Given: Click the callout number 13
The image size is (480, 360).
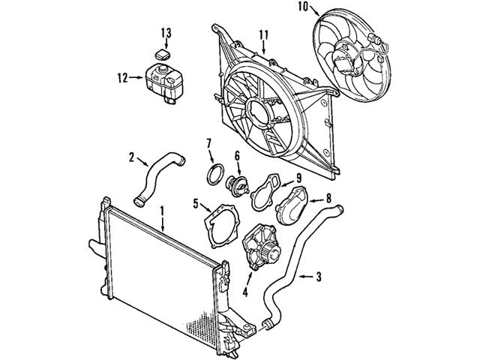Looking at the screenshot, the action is (166, 33).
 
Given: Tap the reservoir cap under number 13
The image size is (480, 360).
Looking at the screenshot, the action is (162, 55).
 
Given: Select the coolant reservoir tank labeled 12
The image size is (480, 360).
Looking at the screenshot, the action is (163, 82).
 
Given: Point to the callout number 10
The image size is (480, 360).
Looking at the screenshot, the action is (303, 7).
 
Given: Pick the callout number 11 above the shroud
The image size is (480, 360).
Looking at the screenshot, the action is (263, 35).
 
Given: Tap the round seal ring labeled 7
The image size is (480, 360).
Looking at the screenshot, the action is (215, 174).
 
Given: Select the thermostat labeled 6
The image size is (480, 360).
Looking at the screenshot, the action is (238, 186).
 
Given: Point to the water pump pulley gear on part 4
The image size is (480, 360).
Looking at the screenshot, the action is (271, 253).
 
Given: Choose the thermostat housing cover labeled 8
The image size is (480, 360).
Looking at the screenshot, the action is (292, 205).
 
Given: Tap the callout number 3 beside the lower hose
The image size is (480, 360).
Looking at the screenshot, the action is (319, 277).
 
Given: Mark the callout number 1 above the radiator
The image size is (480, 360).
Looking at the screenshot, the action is (162, 211).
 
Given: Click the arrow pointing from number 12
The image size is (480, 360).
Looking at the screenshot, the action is (136, 78).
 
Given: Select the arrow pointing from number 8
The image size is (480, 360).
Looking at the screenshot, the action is (316, 201).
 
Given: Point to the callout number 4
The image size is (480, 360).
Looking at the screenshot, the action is (245, 292).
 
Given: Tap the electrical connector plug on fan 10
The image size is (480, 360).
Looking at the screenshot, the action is (375, 40).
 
